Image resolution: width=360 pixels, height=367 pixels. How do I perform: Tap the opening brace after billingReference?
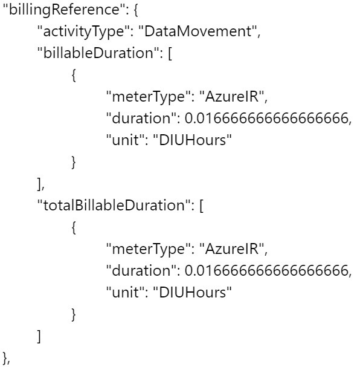tap(136, 10)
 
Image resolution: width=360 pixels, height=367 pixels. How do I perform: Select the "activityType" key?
tap(85, 32)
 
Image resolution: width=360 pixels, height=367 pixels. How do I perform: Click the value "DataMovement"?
tap(198, 31)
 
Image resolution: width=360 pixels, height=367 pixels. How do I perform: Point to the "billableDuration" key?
tap(98, 53)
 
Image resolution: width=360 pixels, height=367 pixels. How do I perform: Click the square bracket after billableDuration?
tap(170, 53)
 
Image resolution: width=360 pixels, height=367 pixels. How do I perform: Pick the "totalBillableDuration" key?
tap(114, 205)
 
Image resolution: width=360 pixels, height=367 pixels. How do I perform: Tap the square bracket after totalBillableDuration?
tap(202, 206)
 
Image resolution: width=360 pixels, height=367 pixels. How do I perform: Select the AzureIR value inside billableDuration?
tap(232, 96)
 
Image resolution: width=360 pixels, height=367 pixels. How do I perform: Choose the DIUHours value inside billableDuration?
tap(192, 140)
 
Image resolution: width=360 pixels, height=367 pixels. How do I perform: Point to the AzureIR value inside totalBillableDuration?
tap(232, 248)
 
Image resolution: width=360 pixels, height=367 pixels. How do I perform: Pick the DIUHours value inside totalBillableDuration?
tap(192, 292)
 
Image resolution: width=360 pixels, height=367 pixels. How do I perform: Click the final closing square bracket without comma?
tap(39, 336)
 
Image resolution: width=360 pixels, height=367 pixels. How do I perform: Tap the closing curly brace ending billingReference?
tap(5, 358)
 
